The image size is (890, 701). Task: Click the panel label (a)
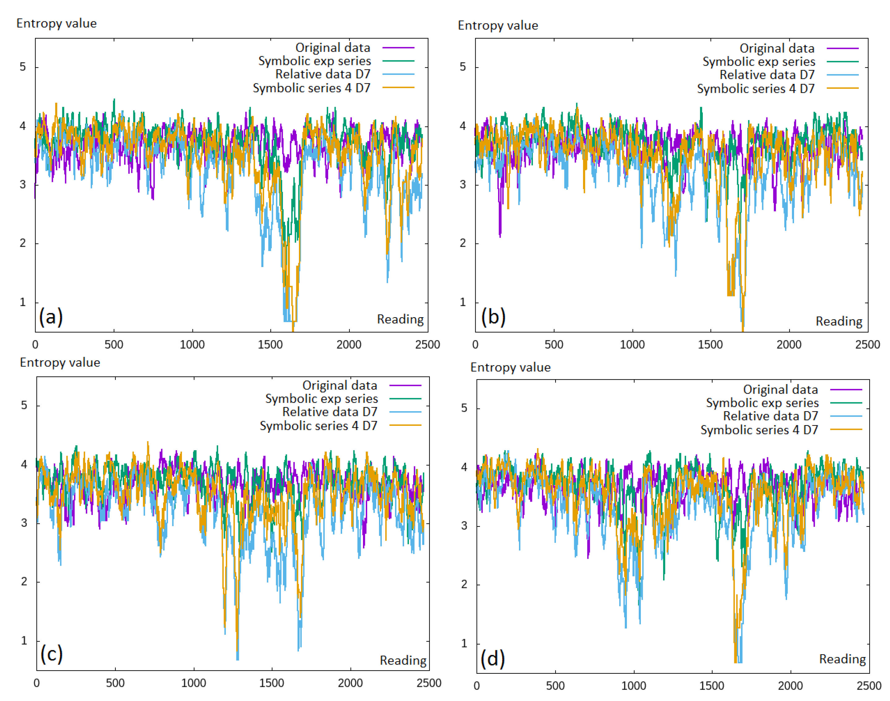pyautogui.click(x=51, y=317)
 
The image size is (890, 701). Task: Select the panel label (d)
pyautogui.click(x=492, y=658)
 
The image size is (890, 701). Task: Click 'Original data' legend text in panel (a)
pyautogui.click(x=332, y=48)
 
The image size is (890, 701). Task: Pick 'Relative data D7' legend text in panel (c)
pyautogui.click(x=330, y=412)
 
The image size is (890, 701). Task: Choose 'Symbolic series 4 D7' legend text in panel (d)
pyautogui.click(x=759, y=430)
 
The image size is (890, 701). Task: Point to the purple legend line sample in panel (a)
pyautogui.click(x=398, y=48)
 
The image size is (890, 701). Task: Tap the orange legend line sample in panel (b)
pyautogui.click(x=842, y=88)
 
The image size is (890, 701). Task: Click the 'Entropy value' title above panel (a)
pyautogui.click(x=57, y=24)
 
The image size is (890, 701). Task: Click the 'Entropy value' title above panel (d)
pyautogui.click(x=510, y=367)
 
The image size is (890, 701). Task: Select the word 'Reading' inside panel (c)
pyautogui.click(x=403, y=660)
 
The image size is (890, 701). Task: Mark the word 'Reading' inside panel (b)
pyautogui.click(x=838, y=321)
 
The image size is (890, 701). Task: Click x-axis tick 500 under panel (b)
pyautogui.click(x=554, y=344)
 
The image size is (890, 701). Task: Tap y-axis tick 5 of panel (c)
pyautogui.click(x=24, y=405)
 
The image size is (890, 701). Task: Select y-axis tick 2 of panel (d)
pyautogui.click(x=464, y=584)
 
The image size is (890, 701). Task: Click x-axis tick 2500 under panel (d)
pyautogui.click(x=869, y=686)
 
